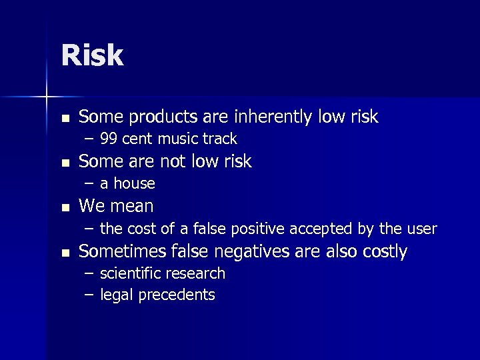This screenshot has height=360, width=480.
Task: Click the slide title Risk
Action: tap(92, 56)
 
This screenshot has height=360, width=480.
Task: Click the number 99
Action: tap(109, 139)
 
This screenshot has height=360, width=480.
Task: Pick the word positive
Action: tap(253, 229)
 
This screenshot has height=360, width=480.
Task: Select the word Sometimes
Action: tap(123, 251)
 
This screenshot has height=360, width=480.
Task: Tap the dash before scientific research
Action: tap(89, 274)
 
